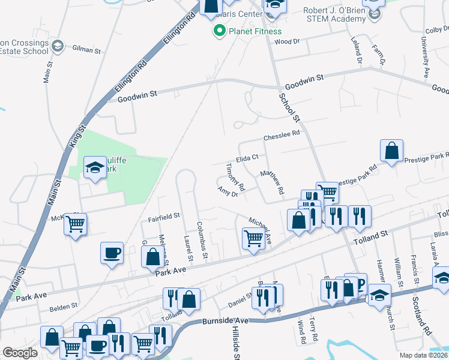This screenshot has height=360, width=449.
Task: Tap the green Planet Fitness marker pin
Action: coord(219,31)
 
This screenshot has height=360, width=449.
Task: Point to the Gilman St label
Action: coord(86,49)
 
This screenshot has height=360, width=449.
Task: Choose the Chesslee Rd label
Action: coord(281,134)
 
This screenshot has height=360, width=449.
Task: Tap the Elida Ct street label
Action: coord(247,158)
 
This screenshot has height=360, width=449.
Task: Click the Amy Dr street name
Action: coord(228,191)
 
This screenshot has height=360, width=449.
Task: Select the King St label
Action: coord(78,137)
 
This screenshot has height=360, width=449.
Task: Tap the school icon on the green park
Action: coord(94,169)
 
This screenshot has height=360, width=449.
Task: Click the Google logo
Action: coord(20,353)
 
